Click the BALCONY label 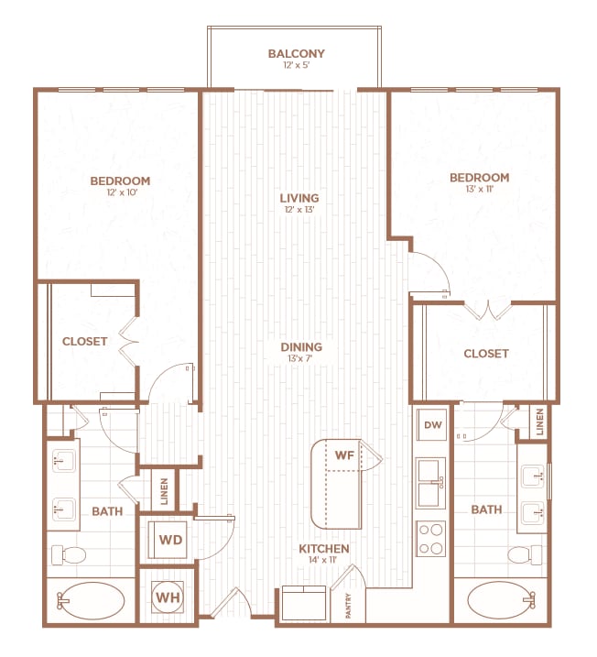tap(296, 53)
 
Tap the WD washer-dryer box tap(170, 539)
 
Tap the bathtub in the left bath tap(91, 602)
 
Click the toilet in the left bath tap(69, 554)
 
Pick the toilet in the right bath tap(523, 554)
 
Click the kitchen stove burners tap(430, 538)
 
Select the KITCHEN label tap(323, 549)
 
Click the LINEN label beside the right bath tap(540, 422)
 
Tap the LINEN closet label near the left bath tap(164, 491)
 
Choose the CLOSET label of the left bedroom tap(85, 341)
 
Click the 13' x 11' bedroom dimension tap(479, 190)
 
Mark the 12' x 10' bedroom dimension tap(120, 193)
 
